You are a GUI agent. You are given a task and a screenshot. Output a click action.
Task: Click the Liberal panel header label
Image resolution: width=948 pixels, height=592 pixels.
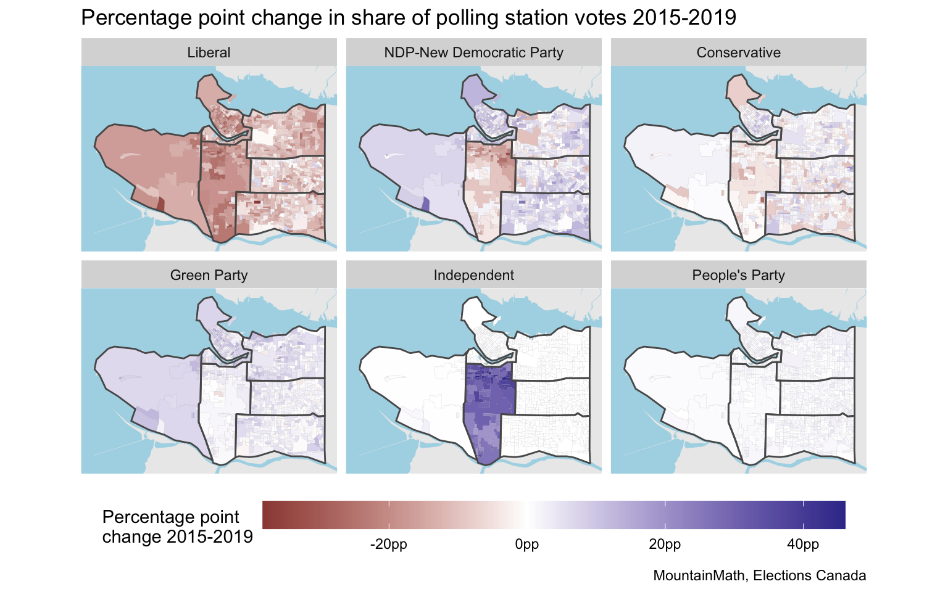point(209,52)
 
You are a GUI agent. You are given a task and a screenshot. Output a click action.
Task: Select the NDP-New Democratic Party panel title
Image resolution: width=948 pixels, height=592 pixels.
point(473,52)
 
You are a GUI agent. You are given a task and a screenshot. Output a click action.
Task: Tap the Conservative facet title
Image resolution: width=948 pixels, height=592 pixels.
point(738,52)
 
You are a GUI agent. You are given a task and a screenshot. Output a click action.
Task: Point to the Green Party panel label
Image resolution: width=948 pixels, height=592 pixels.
point(209,275)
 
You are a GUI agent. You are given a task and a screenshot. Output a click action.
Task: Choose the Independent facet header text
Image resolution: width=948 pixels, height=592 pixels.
point(473,275)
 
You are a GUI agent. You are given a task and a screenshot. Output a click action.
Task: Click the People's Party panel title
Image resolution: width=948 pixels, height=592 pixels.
point(738,275)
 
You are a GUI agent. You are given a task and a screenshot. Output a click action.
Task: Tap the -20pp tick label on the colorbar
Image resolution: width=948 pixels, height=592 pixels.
point(389,545)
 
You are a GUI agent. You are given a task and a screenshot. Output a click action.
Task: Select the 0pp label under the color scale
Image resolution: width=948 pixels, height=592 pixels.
point(527,545)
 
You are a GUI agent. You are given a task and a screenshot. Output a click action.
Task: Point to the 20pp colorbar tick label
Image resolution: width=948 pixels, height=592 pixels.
point(665,545)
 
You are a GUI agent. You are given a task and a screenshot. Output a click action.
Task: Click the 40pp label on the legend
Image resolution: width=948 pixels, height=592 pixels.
point(803,545)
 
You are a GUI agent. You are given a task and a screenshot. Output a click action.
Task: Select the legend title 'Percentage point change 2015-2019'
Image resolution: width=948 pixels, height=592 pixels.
point(177,527)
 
